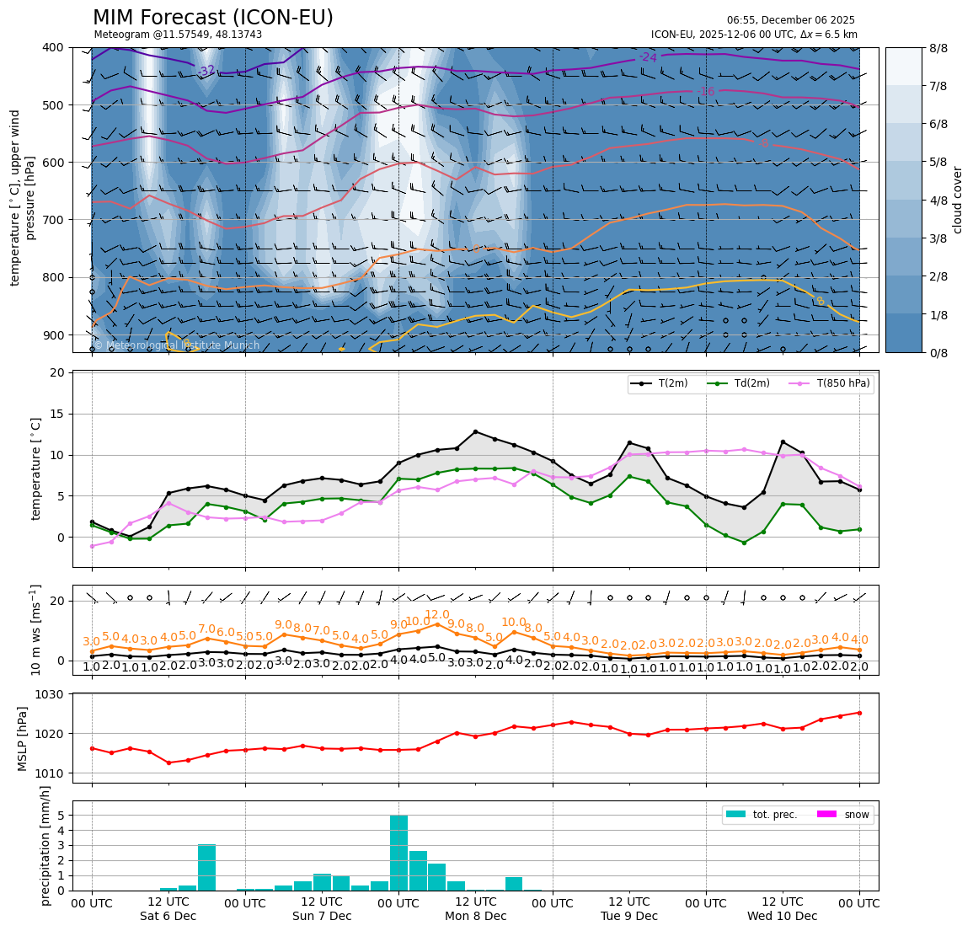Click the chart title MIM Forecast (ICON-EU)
pos(212,18)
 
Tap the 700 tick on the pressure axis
pos(52,220)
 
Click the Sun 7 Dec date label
pos(322,916)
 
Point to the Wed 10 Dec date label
pos(782,916)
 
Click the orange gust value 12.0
pos(436,615)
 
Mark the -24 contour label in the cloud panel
pos(647,57)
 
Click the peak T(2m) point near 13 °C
pos(475,432)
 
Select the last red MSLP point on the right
pos(859,713)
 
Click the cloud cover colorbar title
pos(957,200)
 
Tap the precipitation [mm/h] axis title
pos(45,845)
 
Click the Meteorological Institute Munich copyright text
pos(177,345)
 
